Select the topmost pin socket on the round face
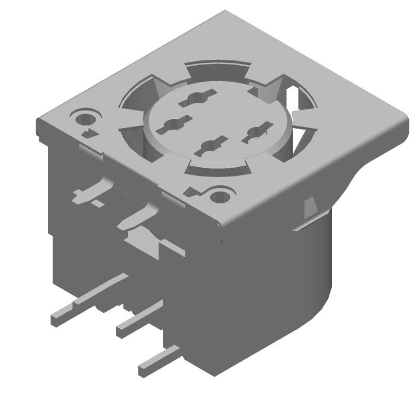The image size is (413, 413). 197,97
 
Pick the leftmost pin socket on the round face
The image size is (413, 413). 172,124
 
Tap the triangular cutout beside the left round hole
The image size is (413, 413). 89,133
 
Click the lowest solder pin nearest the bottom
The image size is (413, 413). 157,361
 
